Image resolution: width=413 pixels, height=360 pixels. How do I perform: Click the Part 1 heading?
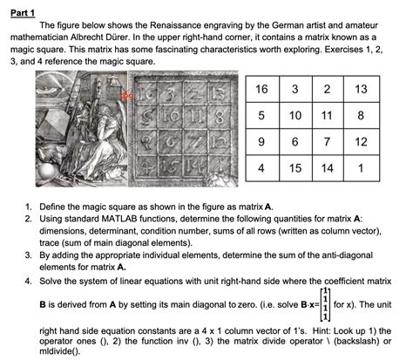coord(23,13)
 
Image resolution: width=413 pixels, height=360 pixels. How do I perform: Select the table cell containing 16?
coord(262,89)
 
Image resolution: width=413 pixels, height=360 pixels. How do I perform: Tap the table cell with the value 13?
coord(362,89)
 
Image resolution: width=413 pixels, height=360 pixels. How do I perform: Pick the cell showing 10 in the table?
coord(295,115)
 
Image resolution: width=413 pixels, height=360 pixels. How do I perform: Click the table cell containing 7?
coord(328,142)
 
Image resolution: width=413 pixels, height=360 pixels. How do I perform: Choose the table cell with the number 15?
coord(295,168)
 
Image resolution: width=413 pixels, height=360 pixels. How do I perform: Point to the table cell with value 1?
coord(362,168)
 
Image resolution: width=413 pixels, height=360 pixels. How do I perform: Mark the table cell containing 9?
coord(262,142)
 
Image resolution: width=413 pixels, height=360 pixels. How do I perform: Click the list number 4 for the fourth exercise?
coord(28,282)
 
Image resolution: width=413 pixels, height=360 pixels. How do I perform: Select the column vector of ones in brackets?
coord(325,304)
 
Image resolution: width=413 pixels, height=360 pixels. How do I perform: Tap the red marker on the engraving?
coord(126,95)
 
